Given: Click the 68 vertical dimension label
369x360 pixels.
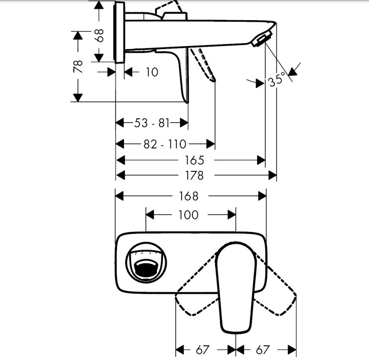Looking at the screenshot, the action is [x=100, y=35].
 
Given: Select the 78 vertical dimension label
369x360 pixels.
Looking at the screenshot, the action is [x=78, y=67].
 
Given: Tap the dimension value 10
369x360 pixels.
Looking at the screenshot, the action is [x=152, y=72].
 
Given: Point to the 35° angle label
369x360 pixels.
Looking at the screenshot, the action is [x=277, y=79].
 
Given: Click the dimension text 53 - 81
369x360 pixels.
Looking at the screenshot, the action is [x=152, y=123].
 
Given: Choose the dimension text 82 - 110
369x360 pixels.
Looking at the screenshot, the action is [x=165, y=144].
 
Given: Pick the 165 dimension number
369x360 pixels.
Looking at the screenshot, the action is [x=194, y=160].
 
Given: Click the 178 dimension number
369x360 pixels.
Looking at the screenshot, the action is [x=194, y=175].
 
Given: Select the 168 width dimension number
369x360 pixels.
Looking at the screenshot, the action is [x=189, y=196].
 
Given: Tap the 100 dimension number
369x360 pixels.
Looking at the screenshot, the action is [x=188, y=215].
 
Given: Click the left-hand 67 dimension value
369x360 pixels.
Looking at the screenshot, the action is [x=202, y=350].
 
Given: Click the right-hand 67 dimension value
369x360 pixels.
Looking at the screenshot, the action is [x=262, y=350].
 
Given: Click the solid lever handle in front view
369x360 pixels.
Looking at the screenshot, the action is [x=236, y=287].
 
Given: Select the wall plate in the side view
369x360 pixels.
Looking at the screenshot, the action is [x=119, y=32].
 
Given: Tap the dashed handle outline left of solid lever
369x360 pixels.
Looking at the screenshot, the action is [x=197, y=286].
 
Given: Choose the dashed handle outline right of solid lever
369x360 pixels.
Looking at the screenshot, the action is [x=275, y=286].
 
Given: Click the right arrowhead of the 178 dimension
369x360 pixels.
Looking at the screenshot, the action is [x=272, y=175].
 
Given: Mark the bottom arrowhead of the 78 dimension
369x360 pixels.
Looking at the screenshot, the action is [x=77, y=98].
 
